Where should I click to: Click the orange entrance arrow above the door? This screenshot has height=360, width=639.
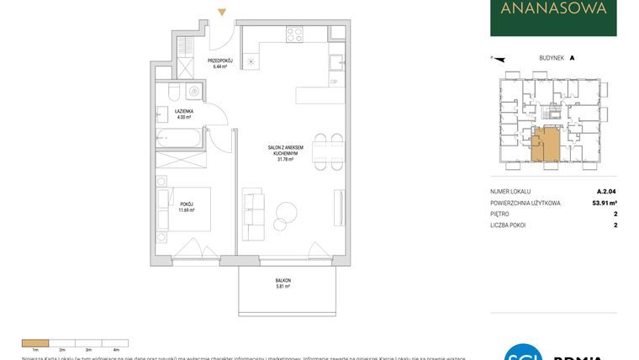click(x=221, y=13)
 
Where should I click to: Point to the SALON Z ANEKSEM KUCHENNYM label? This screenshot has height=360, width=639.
click(x=287, y=152)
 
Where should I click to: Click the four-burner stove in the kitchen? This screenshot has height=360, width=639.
click(x=294, y=34)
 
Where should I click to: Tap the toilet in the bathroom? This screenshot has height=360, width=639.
click(x=172, y=92)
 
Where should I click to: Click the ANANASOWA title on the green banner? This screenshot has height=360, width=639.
click(x=552, y=11)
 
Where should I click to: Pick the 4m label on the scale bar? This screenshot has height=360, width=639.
click(x=116, y=349)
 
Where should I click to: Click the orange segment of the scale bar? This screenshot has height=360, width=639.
click(x=36, y=342)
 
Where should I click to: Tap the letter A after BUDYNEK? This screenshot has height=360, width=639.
click(x=572, y=58)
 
